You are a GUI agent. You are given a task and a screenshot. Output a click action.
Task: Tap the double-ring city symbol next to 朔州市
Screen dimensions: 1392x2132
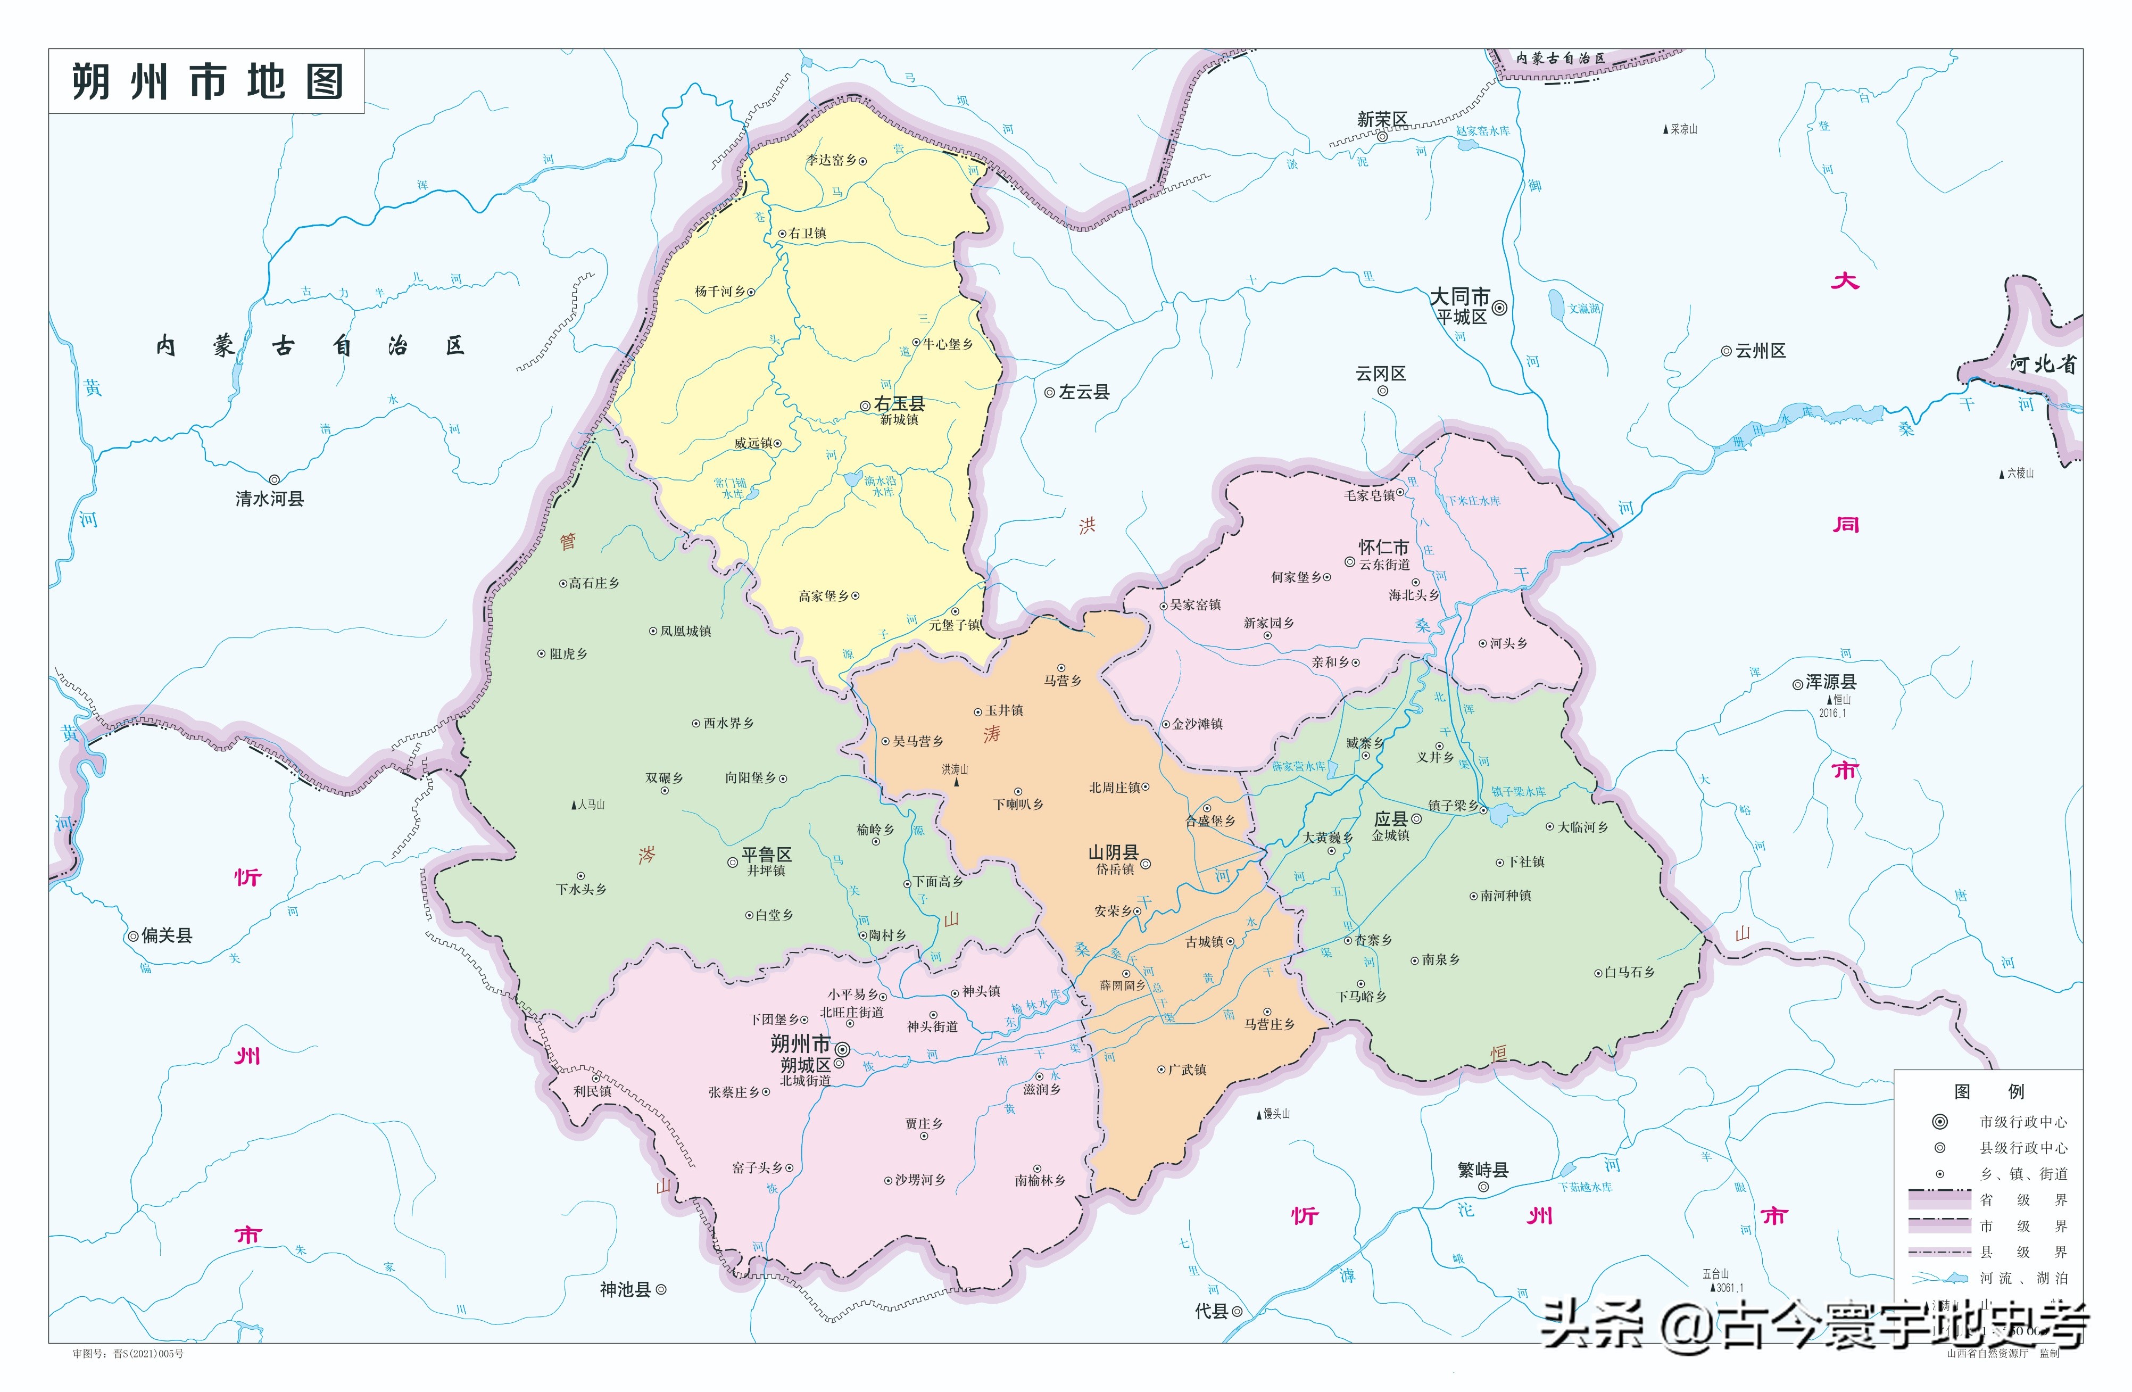point(842,1049)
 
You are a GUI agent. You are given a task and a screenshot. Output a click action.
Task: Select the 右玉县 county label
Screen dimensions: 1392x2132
point(899,404)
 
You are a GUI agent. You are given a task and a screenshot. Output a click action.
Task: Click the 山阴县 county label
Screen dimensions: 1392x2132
point(1113,853)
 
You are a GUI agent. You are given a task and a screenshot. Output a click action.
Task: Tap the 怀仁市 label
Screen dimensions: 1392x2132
point(1383,548)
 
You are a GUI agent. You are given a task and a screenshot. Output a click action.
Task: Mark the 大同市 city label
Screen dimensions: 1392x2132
point(1459,296)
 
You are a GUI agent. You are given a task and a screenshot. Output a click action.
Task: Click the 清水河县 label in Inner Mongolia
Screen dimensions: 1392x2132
point(270,499)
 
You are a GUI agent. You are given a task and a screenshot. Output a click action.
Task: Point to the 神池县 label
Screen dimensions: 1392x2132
point(625,1290)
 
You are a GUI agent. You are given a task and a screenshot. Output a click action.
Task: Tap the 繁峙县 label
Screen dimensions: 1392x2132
point(1482,1170)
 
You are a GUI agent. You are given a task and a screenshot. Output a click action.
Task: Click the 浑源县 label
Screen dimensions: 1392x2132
point(1830,683)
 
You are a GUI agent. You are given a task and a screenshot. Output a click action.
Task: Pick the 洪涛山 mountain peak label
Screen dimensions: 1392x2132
point(955,769)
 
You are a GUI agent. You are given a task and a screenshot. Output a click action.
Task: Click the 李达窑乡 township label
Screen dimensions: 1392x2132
point(831,160)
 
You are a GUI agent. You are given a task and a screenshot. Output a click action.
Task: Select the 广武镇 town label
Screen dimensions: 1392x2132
point(1187,1070)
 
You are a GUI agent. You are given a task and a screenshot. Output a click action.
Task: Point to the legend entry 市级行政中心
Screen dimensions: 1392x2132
point(2023,1122)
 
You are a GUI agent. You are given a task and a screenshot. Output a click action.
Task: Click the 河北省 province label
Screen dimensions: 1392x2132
point(2043,363)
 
